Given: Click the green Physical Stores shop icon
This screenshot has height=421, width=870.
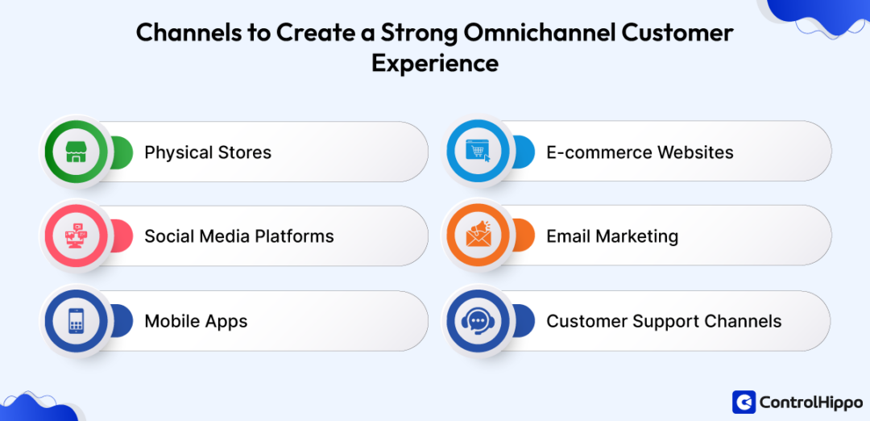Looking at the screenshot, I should click(x=76, y=152).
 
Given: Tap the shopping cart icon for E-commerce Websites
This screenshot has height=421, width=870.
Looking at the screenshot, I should click(x=478, y=152).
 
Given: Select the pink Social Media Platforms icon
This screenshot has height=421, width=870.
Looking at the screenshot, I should click(x=76, y=236).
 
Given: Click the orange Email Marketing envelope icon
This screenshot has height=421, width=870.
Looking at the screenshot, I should click(x=478, y=236).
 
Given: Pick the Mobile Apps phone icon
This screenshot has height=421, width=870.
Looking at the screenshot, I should click(x=76, y=321).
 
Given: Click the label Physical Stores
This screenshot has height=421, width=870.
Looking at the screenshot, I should click(x=208, y=152).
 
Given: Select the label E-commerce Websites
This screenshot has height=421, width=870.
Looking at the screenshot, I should click(x=640, y=152).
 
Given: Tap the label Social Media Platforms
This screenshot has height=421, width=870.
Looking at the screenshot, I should click(x=238, y=236).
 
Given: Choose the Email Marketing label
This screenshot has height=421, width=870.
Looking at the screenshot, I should click(x=612, y=236).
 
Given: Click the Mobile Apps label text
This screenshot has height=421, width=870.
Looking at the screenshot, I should click(x=196, y=321).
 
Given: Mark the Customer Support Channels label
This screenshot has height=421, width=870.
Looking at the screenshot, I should click(x=664, y=321).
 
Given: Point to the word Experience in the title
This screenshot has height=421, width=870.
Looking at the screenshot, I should click(x=435, y=62).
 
